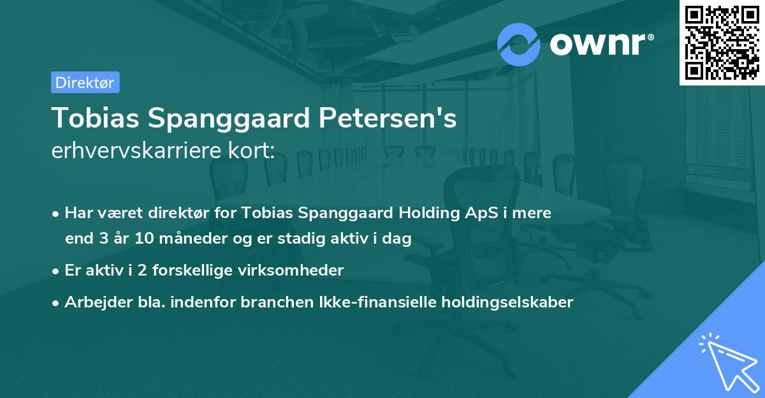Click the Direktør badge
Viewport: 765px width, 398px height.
pos(85,82)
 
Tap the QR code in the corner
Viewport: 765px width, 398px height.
pos(720,42)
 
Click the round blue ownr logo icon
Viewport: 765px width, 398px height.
pos(518,45)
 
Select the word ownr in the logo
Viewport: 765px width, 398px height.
pos(599,45)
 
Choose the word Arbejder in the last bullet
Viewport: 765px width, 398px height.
pos(93,302)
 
